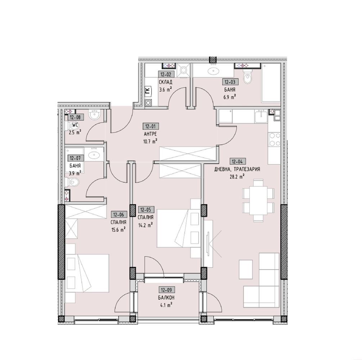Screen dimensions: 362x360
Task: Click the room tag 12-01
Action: click(x=150, y=126)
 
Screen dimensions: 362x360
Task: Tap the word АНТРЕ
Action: click(x=150, y=134)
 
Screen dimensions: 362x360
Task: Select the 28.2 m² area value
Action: click(x=237, y=177)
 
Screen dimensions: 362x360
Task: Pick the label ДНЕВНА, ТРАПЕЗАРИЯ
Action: click(x=237, y=169)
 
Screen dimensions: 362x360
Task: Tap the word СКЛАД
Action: click(x=165, y=82)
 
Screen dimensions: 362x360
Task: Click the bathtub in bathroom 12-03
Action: click(x=271, y=83)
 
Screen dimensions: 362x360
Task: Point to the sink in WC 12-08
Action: click(x=95, y=114)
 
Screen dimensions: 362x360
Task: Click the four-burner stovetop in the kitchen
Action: click(x=274, y=139)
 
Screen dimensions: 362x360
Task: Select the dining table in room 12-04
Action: click(x=258, y=200)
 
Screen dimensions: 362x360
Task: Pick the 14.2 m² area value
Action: click(x=145, y=225)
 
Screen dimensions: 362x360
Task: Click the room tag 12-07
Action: click(x=75, y=158)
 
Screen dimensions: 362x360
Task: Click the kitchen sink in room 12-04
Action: click(x=261, y=116)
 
